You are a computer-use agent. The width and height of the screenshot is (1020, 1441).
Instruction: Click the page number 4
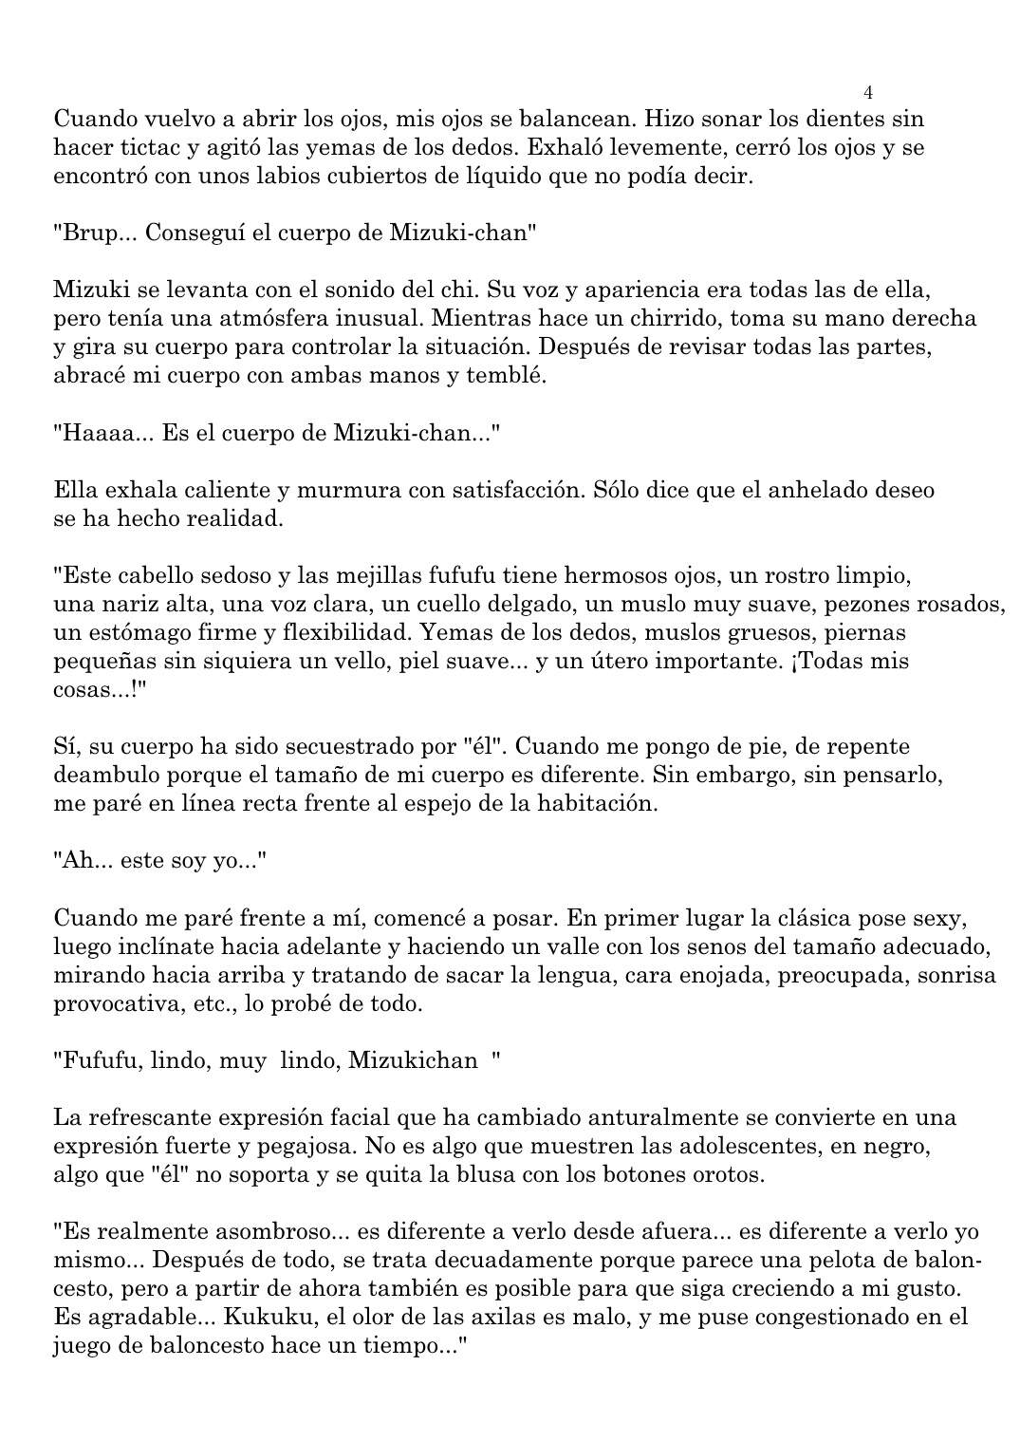pos(868,92)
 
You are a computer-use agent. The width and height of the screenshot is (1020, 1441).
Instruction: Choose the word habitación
pos(597,804)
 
